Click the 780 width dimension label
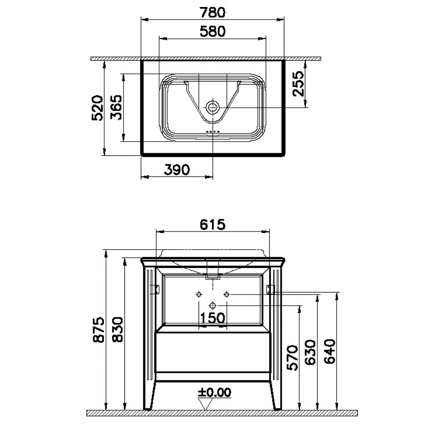pos(213,12)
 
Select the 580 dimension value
pos(213,31)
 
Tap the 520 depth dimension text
pos(97,108)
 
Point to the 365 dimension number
pos(116,107)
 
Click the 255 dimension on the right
pos(298,83)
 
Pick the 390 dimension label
pos(177,170)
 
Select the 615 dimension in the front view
pos(213,225)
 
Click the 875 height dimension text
pos(98,330)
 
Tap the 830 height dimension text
pos(117,330)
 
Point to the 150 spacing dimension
pos(213,318)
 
